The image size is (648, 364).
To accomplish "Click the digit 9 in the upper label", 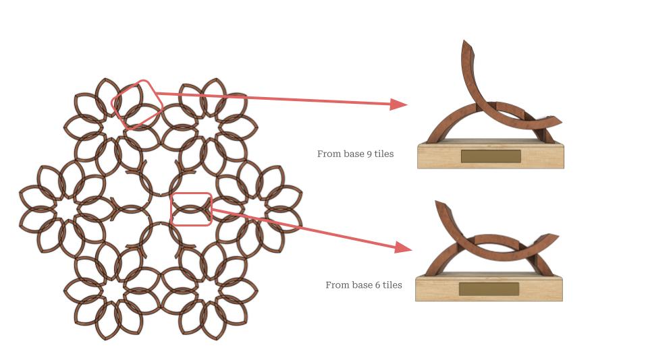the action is pyautogui.click(x=369, y=154).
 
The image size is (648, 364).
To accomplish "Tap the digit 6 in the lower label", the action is pyautogui.click(x=377, y=285).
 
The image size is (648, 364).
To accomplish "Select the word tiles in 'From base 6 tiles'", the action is pyautogui.click(x=392, y=285).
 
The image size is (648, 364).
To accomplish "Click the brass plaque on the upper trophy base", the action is pyautogui.click(x=491, y=156).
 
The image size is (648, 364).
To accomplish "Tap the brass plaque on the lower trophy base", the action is pyautogui.click(x=489, y=289).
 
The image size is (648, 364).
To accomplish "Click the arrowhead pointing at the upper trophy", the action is pyautogui.click(x=398, y=104).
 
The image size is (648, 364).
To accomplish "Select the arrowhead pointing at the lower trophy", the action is pyautogui.click(x=404, y=247).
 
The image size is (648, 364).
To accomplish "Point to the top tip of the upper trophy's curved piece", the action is pyautogui.click(x=464, y=41).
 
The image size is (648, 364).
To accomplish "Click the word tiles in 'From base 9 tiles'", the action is pyautogui.click(x=384, y=154).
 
